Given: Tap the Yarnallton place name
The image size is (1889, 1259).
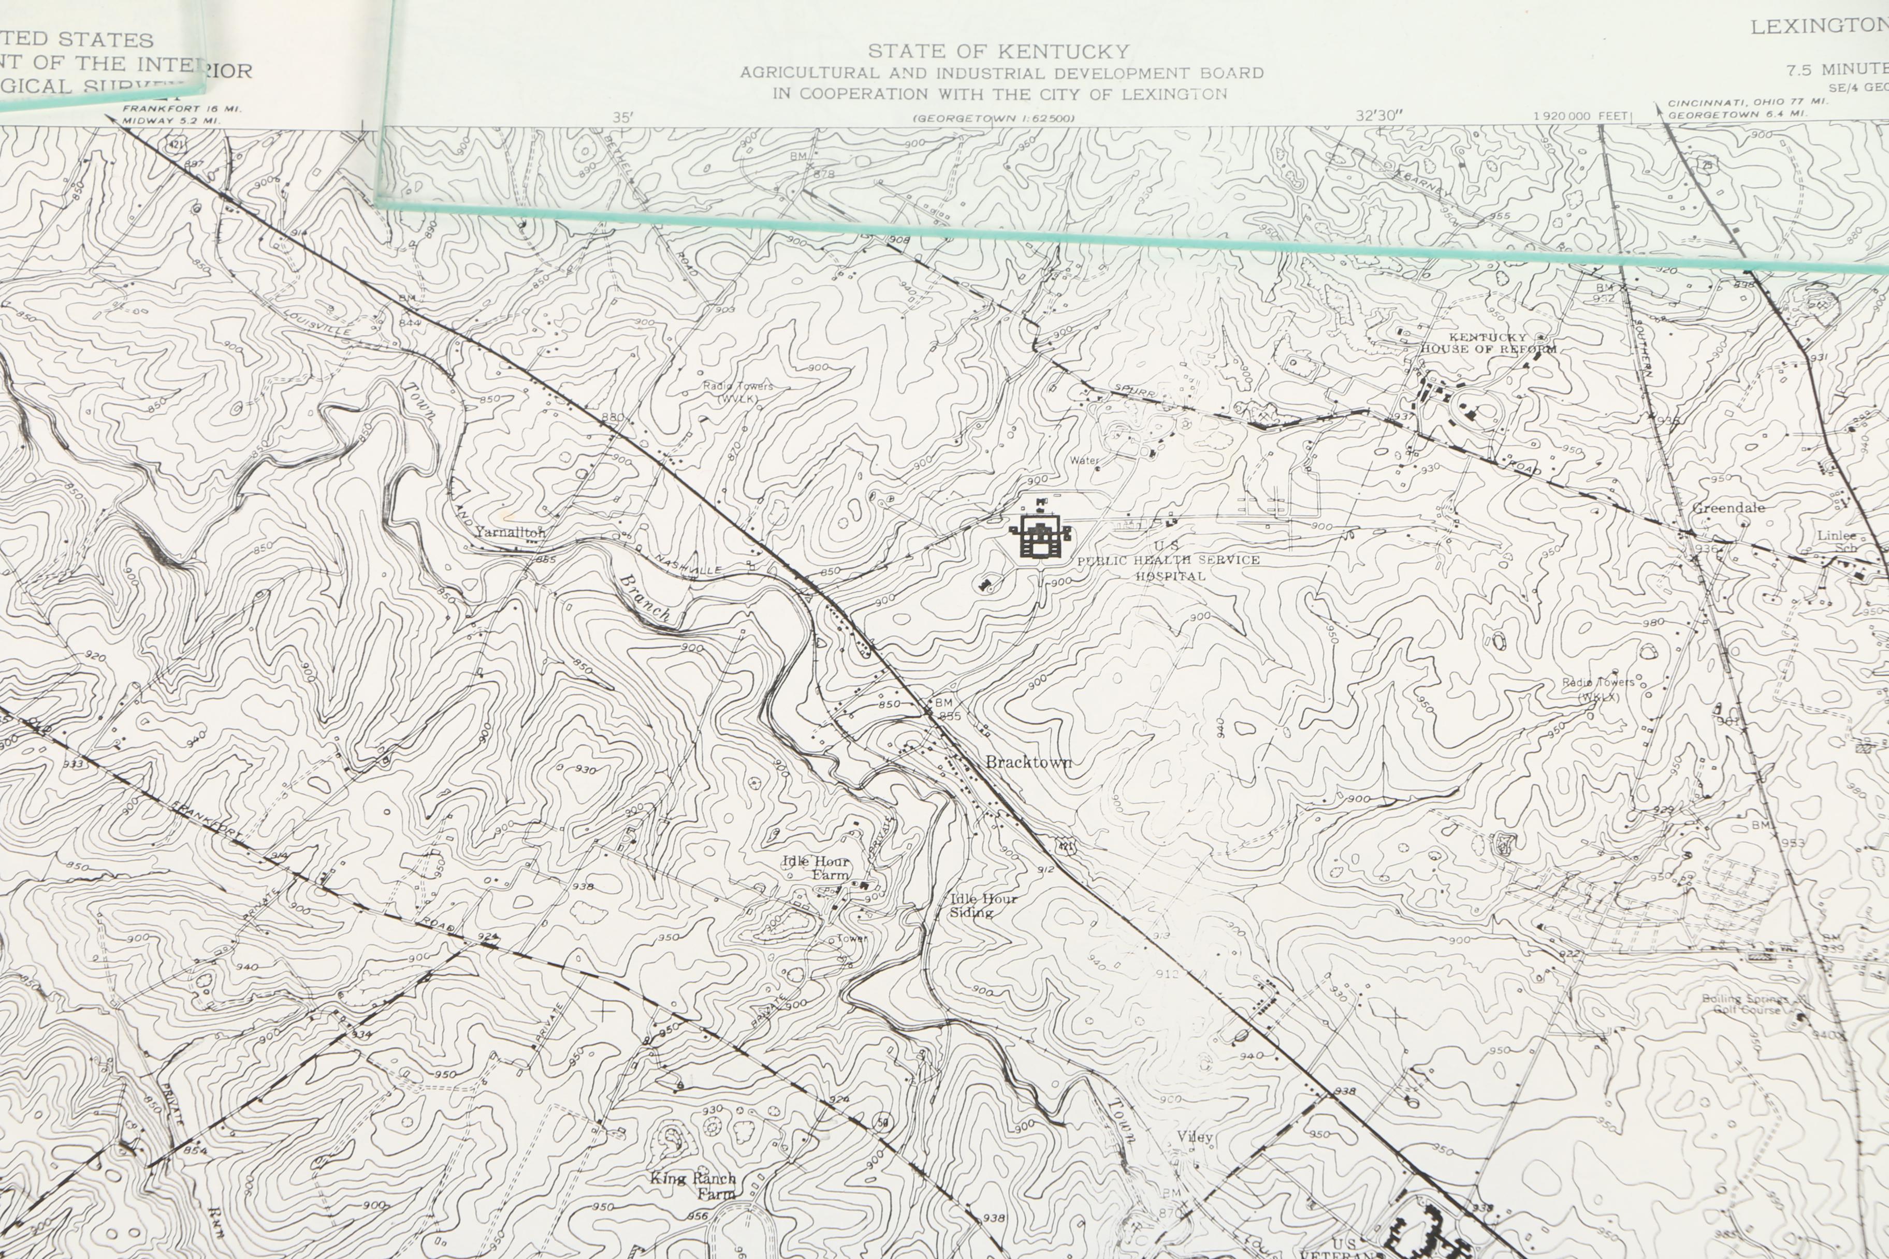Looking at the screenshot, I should point(510,532).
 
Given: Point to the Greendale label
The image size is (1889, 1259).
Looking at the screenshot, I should point(1728,508).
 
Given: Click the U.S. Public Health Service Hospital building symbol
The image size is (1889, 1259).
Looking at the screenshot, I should point(1041,534).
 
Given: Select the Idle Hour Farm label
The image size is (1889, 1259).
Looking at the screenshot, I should point(816,868).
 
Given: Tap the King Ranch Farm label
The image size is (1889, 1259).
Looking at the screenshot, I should point(693,1185).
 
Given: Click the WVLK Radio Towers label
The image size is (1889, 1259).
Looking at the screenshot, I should point(737,392).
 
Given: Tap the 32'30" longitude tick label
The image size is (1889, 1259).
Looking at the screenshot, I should point(1379,115).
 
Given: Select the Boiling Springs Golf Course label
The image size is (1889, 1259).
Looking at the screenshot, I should point(1745,1004).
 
